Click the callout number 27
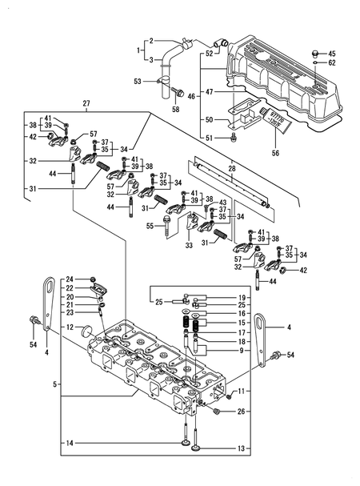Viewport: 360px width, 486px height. tap(86, 103)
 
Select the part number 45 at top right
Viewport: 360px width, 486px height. tap(332, 53)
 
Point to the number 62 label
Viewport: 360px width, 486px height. tap(332, 62)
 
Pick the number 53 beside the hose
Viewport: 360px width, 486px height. tap(137, 81)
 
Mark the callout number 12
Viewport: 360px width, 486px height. tap(70, 327)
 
